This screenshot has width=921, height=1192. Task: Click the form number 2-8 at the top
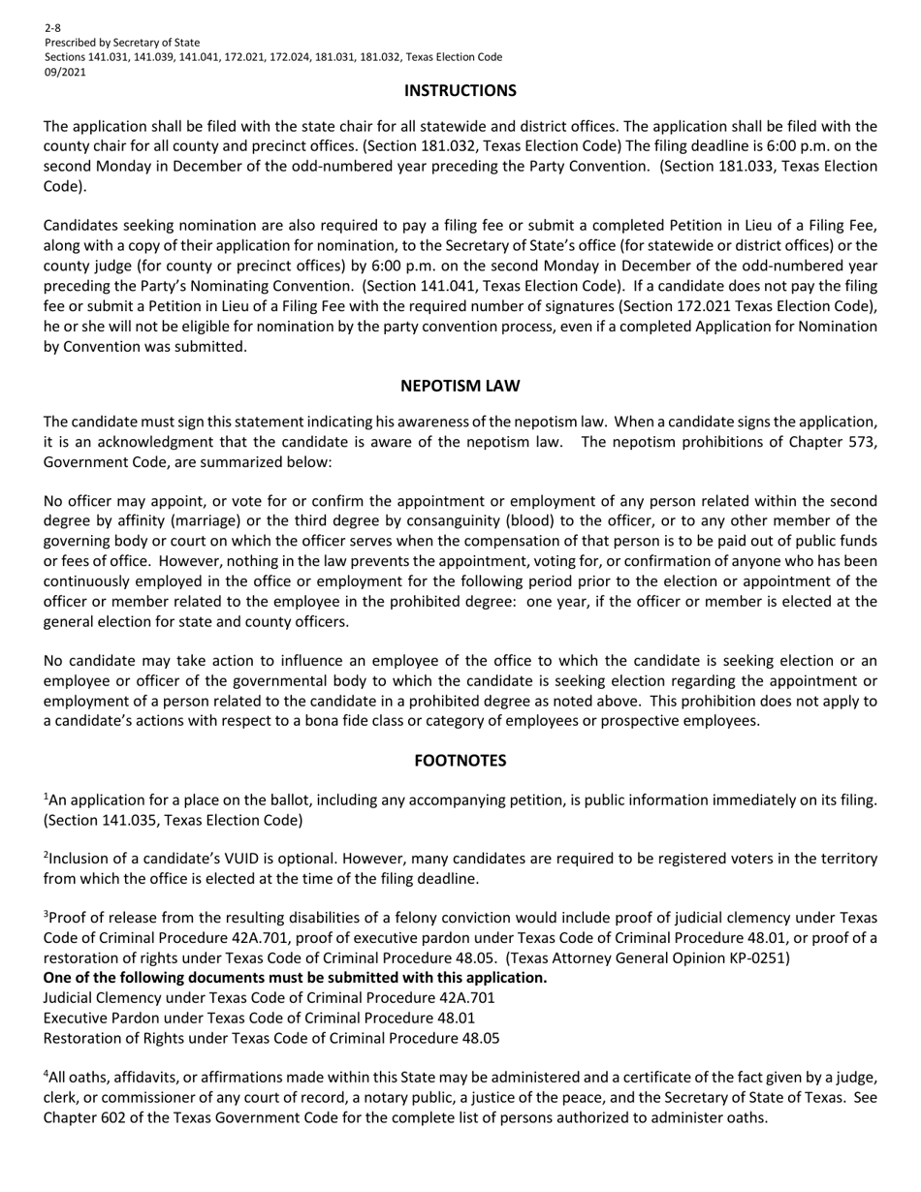point(52,28)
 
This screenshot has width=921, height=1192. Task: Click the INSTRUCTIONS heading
point(460,91)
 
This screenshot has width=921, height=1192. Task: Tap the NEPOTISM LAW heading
point(460,386)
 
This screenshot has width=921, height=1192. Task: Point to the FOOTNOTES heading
point(460,761)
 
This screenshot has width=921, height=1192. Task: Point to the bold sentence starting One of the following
point(295,977)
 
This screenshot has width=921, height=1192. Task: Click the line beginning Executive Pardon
point(259,1018)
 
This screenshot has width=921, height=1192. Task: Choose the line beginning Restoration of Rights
point(271,1038)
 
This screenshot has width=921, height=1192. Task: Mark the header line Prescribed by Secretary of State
point(122,43)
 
